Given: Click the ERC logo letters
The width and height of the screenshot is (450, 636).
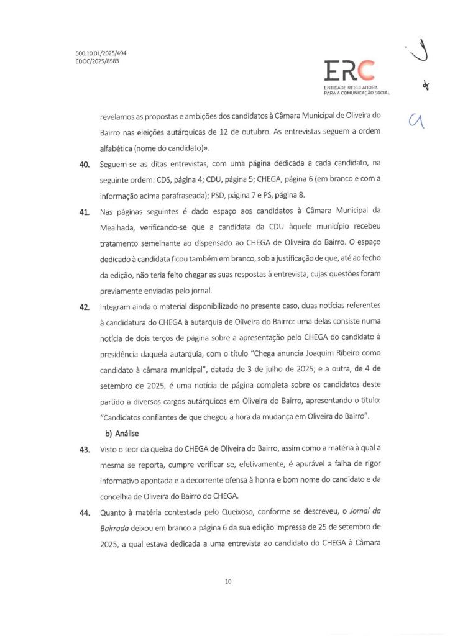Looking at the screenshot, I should point(349,71).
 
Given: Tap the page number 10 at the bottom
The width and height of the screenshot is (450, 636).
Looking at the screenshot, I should point(228,581).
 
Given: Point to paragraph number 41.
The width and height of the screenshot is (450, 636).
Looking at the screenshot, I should point(85,212).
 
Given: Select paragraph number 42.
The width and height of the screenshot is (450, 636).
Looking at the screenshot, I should point(85,307).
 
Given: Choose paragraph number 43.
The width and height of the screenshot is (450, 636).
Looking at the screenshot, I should point(85,449).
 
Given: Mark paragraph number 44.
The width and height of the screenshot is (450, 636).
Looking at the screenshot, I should point(85,512).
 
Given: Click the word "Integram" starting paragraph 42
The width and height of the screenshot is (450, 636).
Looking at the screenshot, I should point(117,307).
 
